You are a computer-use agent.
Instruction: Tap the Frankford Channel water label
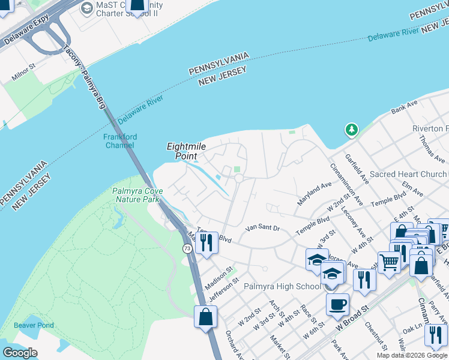[x=120, y=141]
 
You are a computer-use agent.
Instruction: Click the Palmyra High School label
[x=282, y=286]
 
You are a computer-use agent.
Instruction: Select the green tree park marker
[x=351, y=130]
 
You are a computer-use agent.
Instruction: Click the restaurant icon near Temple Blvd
[x=206, y=243]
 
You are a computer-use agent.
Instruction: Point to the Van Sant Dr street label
[x=263, y=228]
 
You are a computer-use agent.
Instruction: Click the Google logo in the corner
[x=20, y=353]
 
